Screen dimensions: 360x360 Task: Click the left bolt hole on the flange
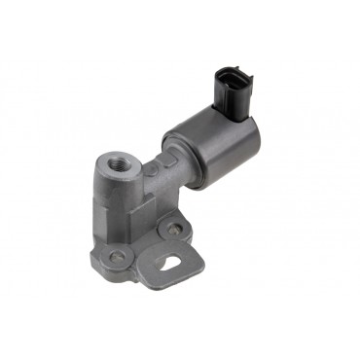point(118,257)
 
